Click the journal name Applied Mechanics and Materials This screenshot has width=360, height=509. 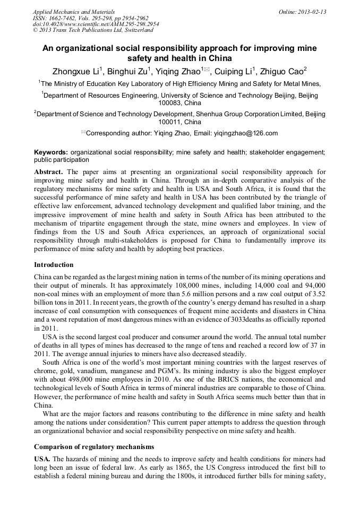(73, 12)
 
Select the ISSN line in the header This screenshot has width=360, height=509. (90, 18)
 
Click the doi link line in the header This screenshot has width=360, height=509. (96, 24)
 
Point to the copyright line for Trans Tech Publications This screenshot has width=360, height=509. (93, 30)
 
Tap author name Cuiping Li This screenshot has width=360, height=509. (234, 72)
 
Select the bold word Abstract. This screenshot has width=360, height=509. (48, 172)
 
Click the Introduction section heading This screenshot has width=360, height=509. (54, 264)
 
